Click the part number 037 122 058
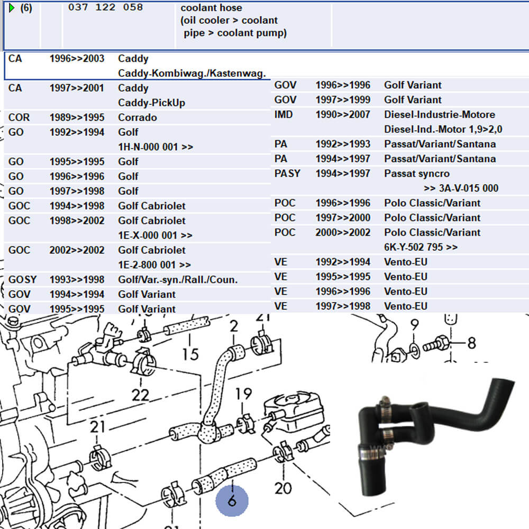[x=105, y=8]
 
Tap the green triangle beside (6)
[x=12, y=8]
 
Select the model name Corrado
[x=137, y=117]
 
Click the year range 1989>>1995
[x=77, y=117]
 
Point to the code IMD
[x=284, y=114]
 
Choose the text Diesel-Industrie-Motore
[x=439, y=114]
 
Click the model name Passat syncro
[x=417, y=174]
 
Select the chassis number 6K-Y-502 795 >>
[x=421, y=247]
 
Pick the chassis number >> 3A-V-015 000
[x=461, y=188]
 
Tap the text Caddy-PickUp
[x=151, y=103]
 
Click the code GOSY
[x=23, y=279]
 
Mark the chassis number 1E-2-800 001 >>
[x=154, y=264]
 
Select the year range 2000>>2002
[x=343, y=232]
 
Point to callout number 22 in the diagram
[x=141, y=395]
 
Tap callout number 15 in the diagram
[x=190, y=353]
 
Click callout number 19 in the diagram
[x=243, y=394]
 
